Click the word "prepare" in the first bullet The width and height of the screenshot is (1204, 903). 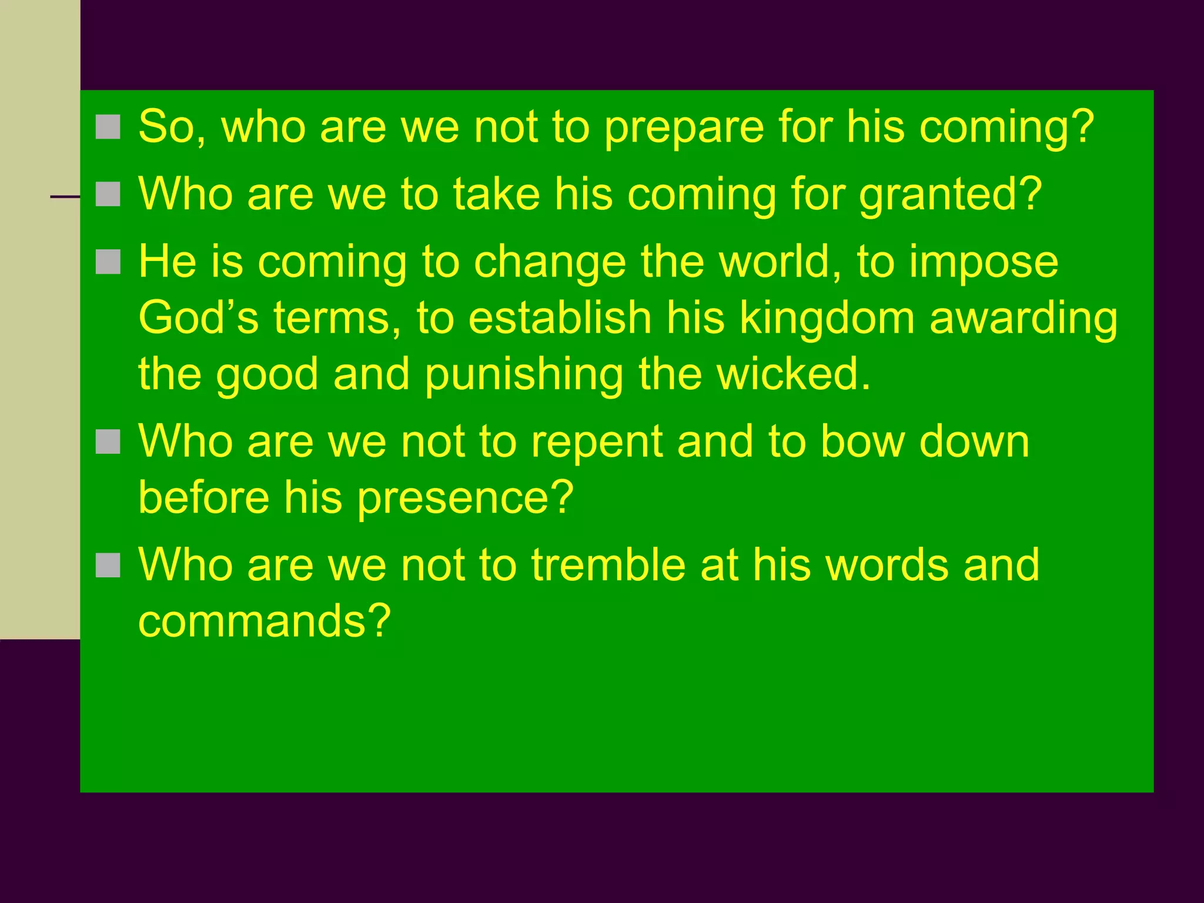coord(683,128)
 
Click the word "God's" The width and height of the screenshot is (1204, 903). coord(198,318)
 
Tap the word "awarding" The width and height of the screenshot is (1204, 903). coord(1023,319)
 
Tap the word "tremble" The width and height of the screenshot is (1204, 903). coord(608,565)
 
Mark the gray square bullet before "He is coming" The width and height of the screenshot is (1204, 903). coord(108,262)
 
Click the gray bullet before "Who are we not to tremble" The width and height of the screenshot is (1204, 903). coord(108,565)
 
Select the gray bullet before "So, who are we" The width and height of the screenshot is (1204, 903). coord(108,127)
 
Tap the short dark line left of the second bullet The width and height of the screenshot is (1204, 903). coord(65,197)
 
